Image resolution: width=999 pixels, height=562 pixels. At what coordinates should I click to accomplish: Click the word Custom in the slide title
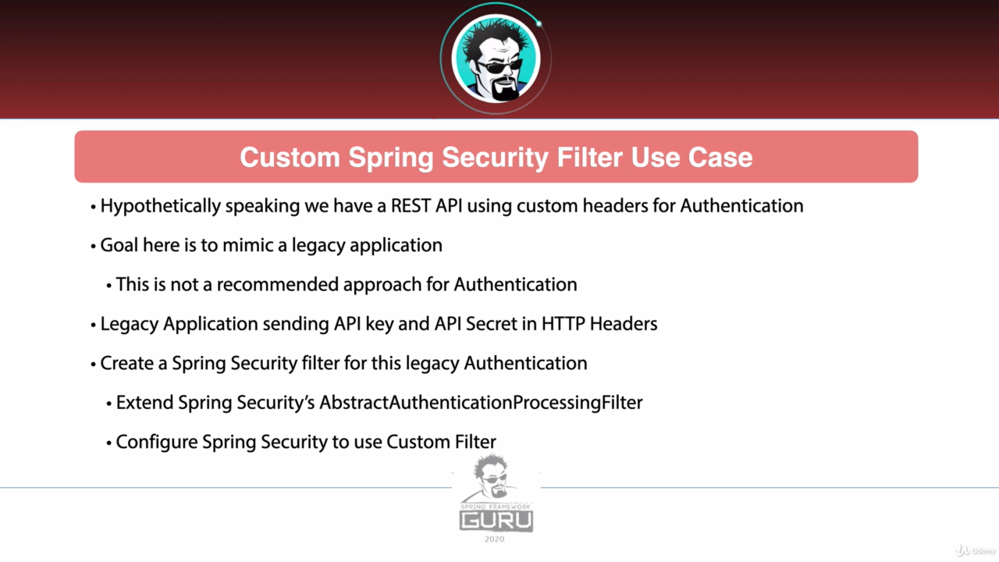[290, 158]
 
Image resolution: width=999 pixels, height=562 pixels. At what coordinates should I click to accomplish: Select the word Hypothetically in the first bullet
[161, 207]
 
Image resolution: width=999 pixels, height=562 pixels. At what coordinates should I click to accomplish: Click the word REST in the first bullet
[411, 206]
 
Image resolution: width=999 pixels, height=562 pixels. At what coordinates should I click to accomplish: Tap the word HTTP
[563, 324]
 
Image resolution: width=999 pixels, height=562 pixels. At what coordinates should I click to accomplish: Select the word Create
[127, 363]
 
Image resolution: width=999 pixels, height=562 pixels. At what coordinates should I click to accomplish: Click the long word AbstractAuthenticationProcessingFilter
[481, 403]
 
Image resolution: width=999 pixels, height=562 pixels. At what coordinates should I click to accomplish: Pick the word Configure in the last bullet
[157, 443]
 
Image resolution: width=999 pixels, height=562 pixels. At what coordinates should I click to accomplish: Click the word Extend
[144, 403]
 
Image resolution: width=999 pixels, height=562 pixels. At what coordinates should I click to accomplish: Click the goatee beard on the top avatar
[505, 90]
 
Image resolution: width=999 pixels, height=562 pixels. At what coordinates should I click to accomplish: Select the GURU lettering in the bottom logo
[496, 521]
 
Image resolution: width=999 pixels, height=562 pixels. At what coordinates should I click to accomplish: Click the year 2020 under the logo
[495, 539]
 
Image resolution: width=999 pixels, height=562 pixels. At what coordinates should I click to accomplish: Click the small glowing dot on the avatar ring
[539, 23]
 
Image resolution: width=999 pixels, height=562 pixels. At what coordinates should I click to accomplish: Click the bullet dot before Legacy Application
[93, 325]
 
